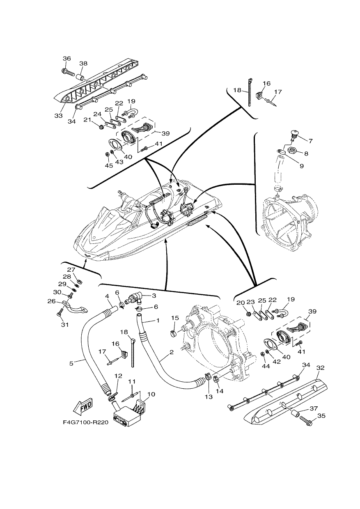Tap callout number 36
pyautogui.click(x=67, y=58)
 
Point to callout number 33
pyautogui.click(x=58, y=115)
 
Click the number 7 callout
pyautogui.click(x=310, y=141)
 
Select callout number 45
pyautogui.click(x=109, y=165)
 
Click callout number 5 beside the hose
pyautogui.click(x=71, y=363)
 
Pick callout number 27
pyautogui.click(x=71, y=270)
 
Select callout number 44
pyautogui.click(x=266, y=372)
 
